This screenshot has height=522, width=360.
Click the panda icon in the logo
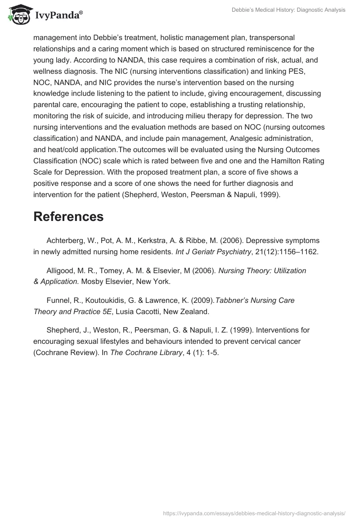18,14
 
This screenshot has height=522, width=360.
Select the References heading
68,216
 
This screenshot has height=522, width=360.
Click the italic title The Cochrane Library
145,352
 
